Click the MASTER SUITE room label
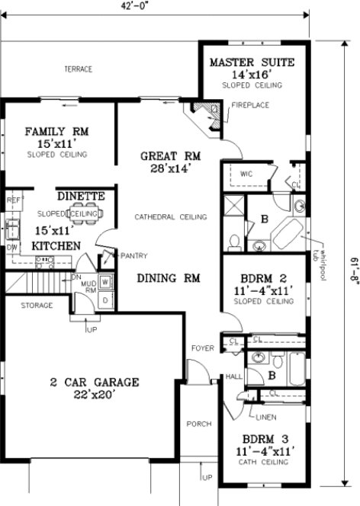click(251, 62)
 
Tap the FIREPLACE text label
click(249, 104)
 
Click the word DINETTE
click(79, 196)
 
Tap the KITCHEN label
click(56, 246)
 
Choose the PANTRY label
click(133, 256)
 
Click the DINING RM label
click(169, 279)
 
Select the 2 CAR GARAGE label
click(95, 382)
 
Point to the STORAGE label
click(37, 306)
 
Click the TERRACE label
click(78, 69)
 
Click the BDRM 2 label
click(263, 278)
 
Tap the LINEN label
click(266, 417)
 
